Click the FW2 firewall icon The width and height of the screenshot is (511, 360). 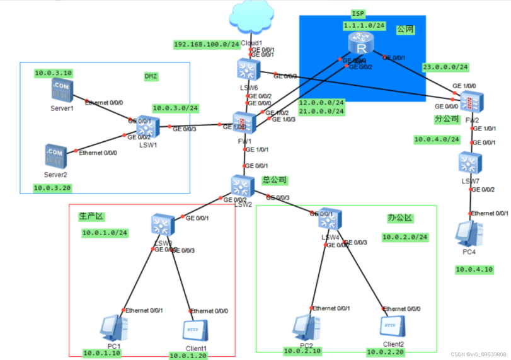tap(471, 102)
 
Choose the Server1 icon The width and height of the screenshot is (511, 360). tap(62, 91)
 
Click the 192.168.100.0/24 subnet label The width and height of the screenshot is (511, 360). tap(207, 45)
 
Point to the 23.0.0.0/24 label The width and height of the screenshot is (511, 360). tap(445, 66)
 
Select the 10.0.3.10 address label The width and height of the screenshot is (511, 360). tap(54, 73)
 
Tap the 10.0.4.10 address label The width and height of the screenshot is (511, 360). tap(474, 269)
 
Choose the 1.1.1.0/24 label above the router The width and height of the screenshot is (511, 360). tap(364, 25)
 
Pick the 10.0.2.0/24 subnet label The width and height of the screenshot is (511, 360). tap(405, 237)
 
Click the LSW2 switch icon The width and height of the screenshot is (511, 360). tap(241, 186)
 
